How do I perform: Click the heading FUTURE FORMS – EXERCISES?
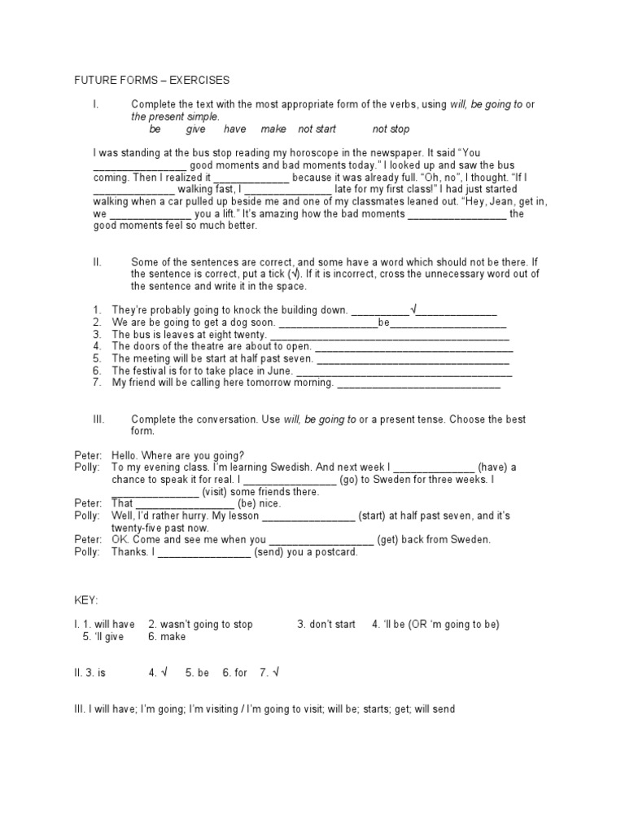[x=152, y=80]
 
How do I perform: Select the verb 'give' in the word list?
[x=196, y=129]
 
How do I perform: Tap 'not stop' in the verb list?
[x=391, y=129]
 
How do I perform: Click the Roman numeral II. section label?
[x=98, y=261]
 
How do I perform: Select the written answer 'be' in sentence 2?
[x=385, y=323]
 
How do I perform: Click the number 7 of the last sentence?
[x=96, y=382]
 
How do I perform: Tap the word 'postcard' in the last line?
[x=334, y=552]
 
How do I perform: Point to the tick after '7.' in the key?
[x=276, y=673]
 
